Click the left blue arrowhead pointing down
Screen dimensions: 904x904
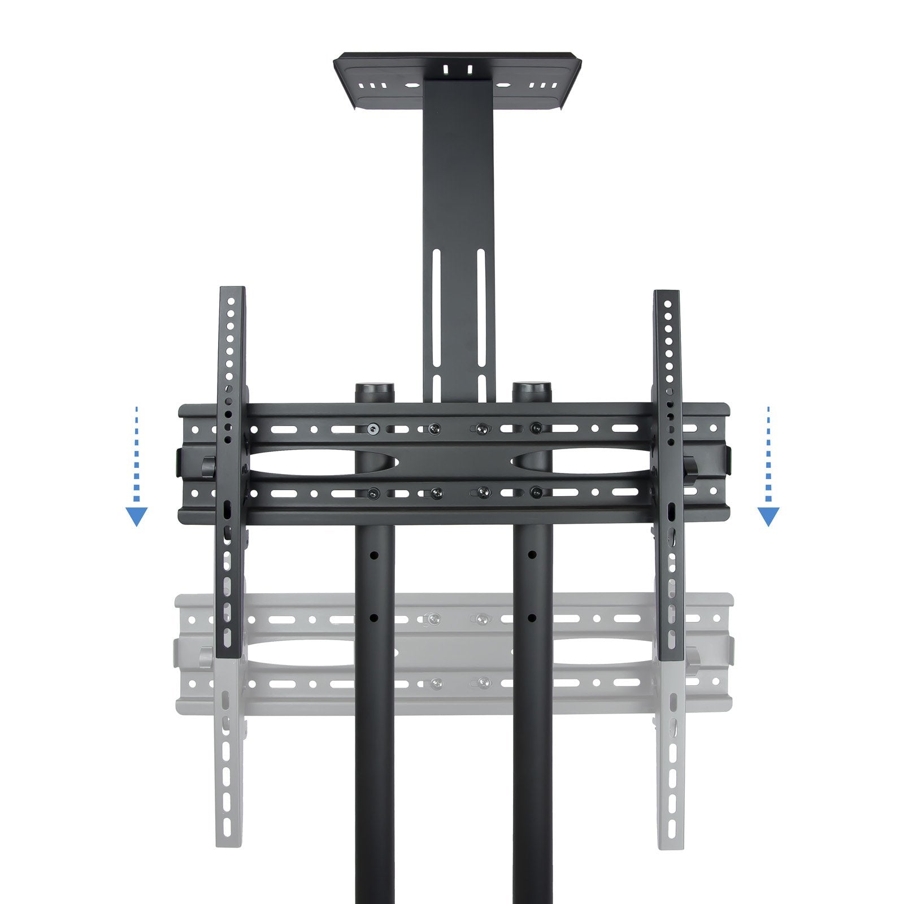coord(136,516)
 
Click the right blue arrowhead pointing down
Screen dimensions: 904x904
coord(768,516)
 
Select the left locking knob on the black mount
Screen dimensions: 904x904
coord(207,466)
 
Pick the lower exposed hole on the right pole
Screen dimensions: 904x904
coord(532,618)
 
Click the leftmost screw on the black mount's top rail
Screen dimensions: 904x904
coord(373,429)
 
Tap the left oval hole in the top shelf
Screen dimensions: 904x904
coord(412,86)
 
